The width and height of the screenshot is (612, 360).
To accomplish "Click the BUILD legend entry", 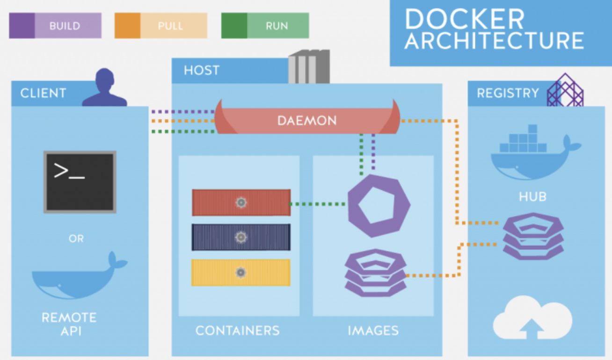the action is pos(55,26).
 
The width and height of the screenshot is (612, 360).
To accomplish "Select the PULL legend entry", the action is pos(160,26).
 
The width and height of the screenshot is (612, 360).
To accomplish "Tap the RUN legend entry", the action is pos(265,26).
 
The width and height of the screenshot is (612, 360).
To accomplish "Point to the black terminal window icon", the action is pos(80,182).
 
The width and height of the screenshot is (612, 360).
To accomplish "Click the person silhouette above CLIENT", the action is pos(105,87).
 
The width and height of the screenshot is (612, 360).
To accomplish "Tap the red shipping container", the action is pos(241,203).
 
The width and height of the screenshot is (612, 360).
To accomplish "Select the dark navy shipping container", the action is pos(241,237).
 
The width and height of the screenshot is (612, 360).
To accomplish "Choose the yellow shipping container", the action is pos(240,273).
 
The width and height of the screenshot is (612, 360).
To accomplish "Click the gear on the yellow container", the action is pos(240,273).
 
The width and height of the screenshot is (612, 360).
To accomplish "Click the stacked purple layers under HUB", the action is pos(533,237).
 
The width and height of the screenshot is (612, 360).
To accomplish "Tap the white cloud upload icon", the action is pos(532,318).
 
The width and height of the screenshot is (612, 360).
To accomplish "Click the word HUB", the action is pos(533,196).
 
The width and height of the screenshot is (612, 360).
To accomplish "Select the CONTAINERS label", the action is pos(237,331).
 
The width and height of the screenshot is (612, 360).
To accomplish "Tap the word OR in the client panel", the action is pos(76,238).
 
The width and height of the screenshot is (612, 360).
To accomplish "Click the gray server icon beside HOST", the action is pos(309,66).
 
